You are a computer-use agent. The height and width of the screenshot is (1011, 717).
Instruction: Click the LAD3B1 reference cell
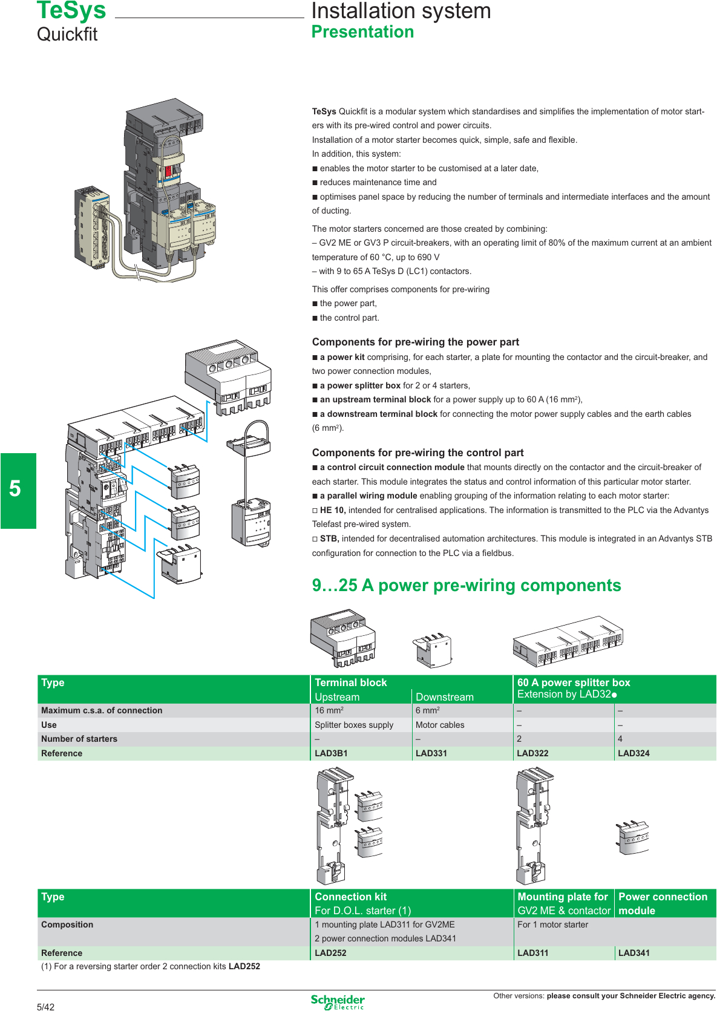pyautogui.click(x=331, y=753)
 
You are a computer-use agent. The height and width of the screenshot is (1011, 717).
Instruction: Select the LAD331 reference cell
pyautogui.click(x=431, y=753)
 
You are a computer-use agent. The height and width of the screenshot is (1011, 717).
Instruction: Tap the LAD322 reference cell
pyautogui.click(x=532, y=753)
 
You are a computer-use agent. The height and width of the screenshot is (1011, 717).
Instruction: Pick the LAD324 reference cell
pyautogui.click(x=634, y=753)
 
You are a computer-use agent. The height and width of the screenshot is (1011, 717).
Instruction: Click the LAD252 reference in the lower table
pyautogui.click(x=331, y=953)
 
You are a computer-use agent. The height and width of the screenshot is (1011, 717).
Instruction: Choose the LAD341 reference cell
pyautogui.click(x=634, y=953)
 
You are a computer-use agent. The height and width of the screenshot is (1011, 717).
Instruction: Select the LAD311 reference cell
pyautogui.click(x=533, y=953)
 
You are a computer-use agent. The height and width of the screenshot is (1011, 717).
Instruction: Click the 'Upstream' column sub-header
pyautogui.click(x=337, y=697)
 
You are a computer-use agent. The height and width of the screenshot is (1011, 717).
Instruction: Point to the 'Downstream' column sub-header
pyautogui.click(x=445, y=697)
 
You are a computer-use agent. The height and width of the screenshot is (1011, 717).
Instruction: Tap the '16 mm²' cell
pyautogui.click(x=329, y=710)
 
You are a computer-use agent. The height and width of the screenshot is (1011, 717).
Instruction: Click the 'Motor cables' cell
pyautogui.click(x=440, y=725)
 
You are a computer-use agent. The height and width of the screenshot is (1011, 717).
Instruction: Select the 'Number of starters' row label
pyautogui.click(x=79, y=739)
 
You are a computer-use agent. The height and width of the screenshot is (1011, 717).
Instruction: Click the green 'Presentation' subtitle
pyautogui.click(x=362, y=31)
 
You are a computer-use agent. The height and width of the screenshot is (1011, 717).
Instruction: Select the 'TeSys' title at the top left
pyautogui.click(x=71, y=10)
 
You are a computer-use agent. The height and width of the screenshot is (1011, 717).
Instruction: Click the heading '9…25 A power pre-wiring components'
pyautogui.click(x=466, y=585)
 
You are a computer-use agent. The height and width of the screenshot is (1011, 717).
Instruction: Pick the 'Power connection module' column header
pyautogui.click(x=663, y=903)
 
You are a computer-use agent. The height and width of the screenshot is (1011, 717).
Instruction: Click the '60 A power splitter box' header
pyautogui.click(x=574, y=682)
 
